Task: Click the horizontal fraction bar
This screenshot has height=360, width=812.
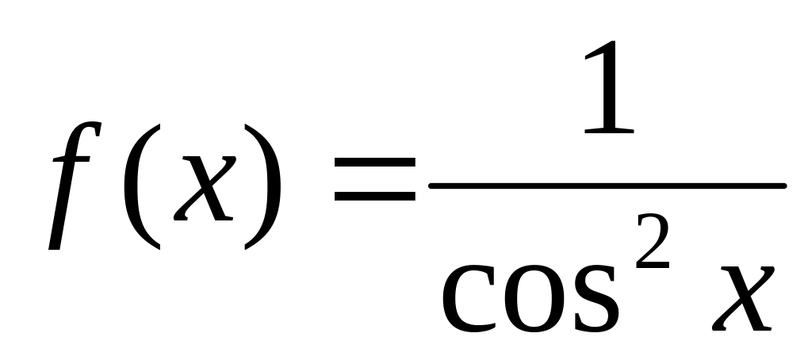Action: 607,186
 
